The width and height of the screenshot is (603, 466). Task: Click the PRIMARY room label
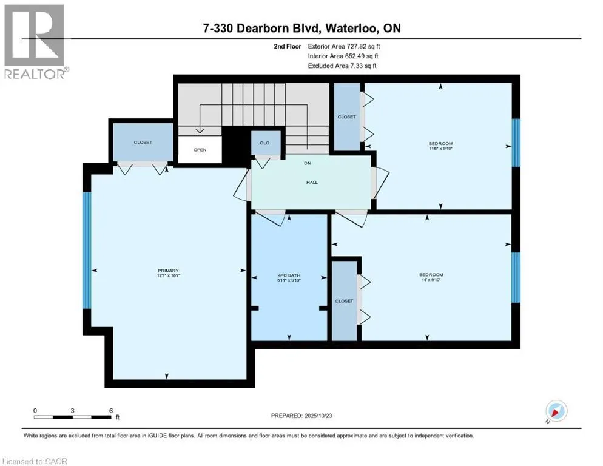click(168, 270)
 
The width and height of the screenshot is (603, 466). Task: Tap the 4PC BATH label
click(289, 275)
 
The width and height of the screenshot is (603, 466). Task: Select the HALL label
click(312, 182)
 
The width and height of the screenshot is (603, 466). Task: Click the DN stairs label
click(308, 163)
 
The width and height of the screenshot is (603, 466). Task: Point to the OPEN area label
click(200, 150)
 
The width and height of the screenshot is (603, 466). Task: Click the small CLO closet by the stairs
click(266, 143)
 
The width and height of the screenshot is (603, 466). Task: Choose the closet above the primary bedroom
click(143, 142)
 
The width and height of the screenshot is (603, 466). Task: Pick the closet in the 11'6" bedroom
click(347, 116)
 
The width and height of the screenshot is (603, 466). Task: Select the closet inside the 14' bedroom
click(344, 300)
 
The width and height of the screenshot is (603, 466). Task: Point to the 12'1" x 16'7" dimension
click(168, 275)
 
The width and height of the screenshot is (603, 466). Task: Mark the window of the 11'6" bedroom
click(516, 142)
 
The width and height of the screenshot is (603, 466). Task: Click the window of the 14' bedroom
click(516, 277)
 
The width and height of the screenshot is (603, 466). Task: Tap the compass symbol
click(556, 411)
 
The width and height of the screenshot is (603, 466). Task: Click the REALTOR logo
click(35, 41)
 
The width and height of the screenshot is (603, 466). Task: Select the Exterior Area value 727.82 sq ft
click(363, 46)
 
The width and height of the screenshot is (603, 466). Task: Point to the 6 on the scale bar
click(110, 410)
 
